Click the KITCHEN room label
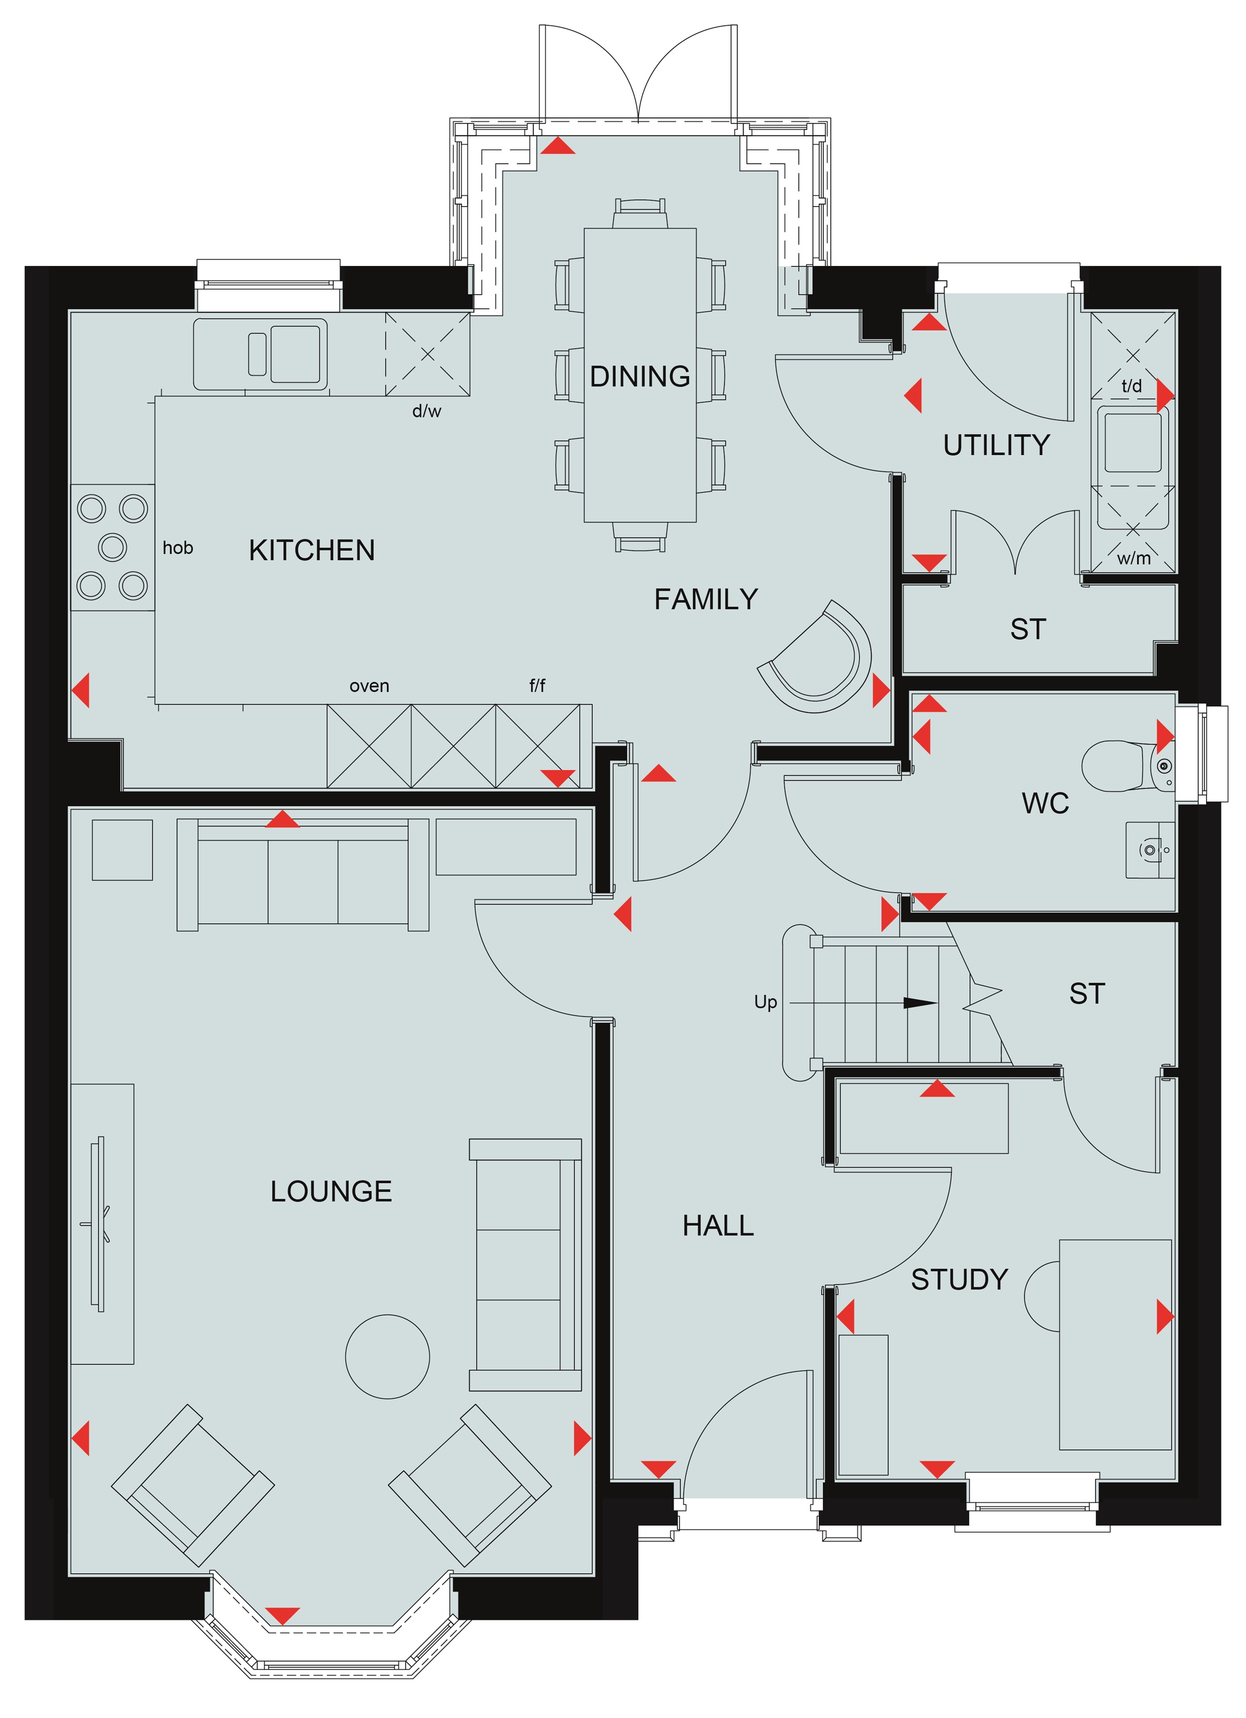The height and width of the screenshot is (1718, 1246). coord(311,550)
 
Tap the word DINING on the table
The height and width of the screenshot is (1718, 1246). coord(639,376)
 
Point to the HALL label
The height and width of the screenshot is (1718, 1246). coord(718,1226)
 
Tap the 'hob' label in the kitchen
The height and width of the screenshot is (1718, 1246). coord(178,548)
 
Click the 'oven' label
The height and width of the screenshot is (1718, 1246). coord(370,686)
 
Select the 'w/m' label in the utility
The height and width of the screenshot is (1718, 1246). coord(1133,558)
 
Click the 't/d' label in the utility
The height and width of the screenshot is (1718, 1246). coord(1132,386)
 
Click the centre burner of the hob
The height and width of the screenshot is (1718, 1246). coord(113,546)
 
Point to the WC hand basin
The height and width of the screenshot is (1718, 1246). coord(1150,850)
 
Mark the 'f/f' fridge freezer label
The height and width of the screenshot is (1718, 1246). coord(537,686)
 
